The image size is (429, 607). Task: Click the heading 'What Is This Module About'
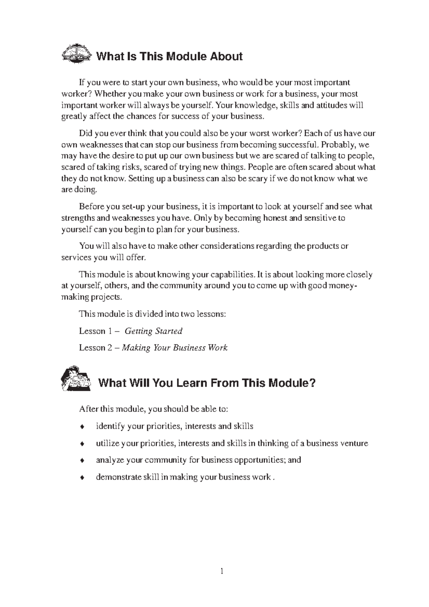169,56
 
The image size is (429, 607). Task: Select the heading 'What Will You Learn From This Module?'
207,383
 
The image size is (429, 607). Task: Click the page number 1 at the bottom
222,571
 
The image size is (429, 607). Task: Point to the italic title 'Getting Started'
153,331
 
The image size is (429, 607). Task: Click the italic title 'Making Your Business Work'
174,348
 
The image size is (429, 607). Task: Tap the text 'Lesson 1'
92,331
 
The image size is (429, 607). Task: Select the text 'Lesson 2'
92,348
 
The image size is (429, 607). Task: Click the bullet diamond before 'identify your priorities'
82,426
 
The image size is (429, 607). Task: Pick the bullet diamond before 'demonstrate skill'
82,478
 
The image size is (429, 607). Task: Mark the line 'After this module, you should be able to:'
153,409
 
